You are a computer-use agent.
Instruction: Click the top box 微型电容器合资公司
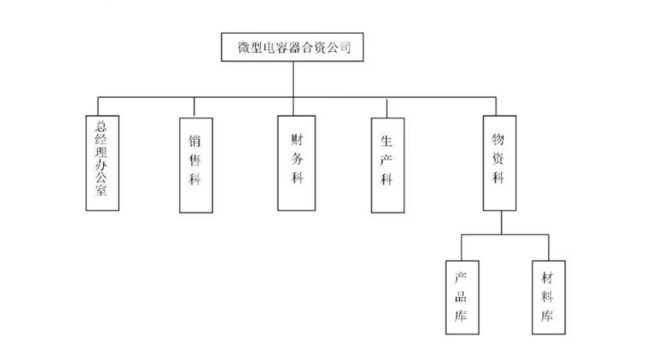292,47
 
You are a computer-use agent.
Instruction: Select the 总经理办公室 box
103,162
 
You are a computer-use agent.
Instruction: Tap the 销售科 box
195,164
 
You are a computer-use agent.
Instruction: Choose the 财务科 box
296,163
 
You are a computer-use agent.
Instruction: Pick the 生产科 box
388,165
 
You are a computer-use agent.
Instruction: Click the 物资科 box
499,162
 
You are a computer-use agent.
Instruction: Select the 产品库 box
462,297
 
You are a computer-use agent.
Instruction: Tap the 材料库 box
548,297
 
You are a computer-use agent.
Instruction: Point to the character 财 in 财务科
297,138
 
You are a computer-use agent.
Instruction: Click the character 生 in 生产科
388,140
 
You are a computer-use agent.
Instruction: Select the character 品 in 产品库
462,298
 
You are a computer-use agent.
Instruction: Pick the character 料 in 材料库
548,298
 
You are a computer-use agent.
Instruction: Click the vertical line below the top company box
293,79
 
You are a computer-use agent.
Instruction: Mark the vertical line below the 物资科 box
501,222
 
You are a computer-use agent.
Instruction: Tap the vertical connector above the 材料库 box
549,248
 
